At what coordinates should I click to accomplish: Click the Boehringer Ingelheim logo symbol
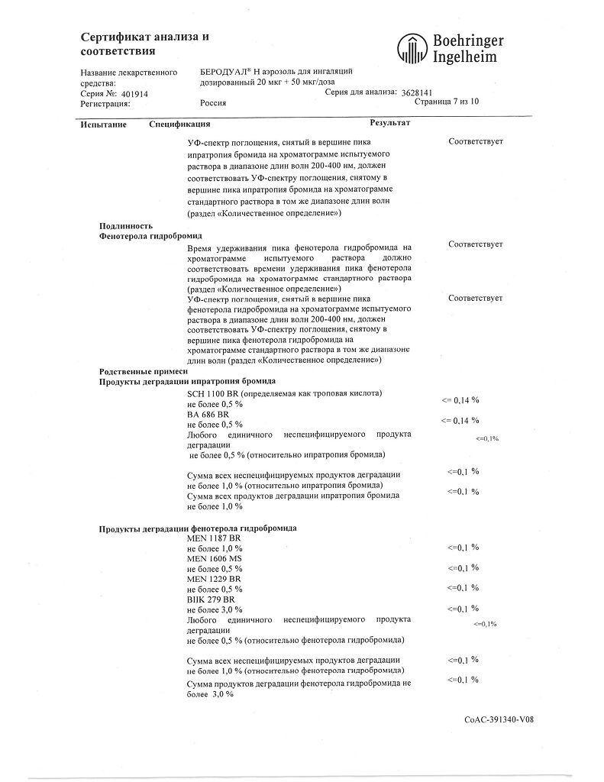[410, 48]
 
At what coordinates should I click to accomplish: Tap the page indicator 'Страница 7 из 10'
[446, 102]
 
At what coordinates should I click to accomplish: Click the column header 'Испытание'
[101, 123]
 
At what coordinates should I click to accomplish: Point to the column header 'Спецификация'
[179, 123]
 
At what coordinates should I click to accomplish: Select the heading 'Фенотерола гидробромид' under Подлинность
[144, 236]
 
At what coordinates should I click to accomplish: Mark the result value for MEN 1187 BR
[463, 548]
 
